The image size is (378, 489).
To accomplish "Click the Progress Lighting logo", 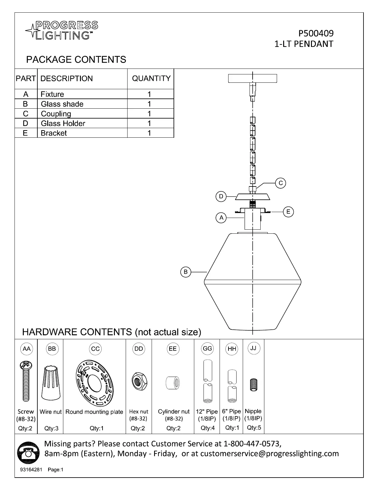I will (x=61, y=30).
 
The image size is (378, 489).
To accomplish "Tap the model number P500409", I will (x=316, y=33).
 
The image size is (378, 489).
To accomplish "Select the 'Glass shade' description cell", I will (x=62, y=104).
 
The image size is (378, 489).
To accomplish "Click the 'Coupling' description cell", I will (x=56, y=114).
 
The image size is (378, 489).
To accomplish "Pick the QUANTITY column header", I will (x=151, y=78).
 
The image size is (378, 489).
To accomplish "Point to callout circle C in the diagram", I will (x=281, y=183).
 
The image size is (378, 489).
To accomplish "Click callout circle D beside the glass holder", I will (x=221, y=196).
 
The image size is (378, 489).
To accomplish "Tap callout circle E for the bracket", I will (x=288, y=212).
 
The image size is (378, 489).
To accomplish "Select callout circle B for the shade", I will (x=186, y=272).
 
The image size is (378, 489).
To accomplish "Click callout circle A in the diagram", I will (x=221, y=218).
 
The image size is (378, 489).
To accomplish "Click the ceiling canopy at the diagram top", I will (x=252, y=78).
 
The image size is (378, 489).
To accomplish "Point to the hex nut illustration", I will (x=139, y=380).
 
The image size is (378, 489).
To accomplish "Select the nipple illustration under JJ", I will (x=253, y=385).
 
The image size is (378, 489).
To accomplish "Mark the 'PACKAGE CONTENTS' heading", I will (x=76, y=59).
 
